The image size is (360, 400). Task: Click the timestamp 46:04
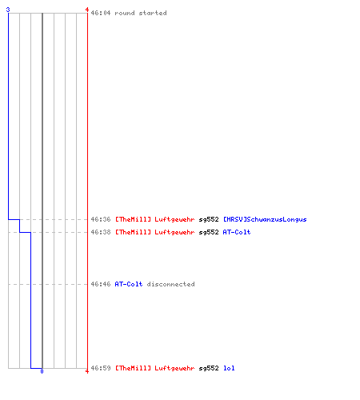[x=101, y=13]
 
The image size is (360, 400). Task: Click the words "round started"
[x=141, y=13]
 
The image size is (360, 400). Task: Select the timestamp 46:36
[x=101, y=219]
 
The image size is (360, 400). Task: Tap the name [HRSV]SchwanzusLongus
[x=265, y=219]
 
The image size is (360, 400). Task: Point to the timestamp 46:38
[x=101, y=232]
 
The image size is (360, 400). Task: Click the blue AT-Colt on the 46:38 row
[x=237, y=232]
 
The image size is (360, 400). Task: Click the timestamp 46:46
[x=101, y=284]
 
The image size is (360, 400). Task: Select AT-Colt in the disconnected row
[x=129, y=284]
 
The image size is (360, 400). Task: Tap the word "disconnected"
[x=170, y=284]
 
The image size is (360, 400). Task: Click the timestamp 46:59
[x=101, y=368]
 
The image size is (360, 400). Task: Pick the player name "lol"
[x=229, y=368]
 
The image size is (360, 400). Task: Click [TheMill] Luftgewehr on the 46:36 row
[x=154, y=219]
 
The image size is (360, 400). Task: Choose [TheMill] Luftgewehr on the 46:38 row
[x=154, y=232]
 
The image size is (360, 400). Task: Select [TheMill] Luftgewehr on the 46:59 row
[x=154, y=368]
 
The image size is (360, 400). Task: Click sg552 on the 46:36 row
[x=209, y=219]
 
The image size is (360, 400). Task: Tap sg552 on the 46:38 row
[x=209, y=232]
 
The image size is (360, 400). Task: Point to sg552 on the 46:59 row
[x=209, y=368]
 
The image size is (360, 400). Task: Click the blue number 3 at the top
[x=8, y=10]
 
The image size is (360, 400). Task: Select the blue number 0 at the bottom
[x=42, y=371]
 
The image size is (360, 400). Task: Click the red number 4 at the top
[x=87, y=10]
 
